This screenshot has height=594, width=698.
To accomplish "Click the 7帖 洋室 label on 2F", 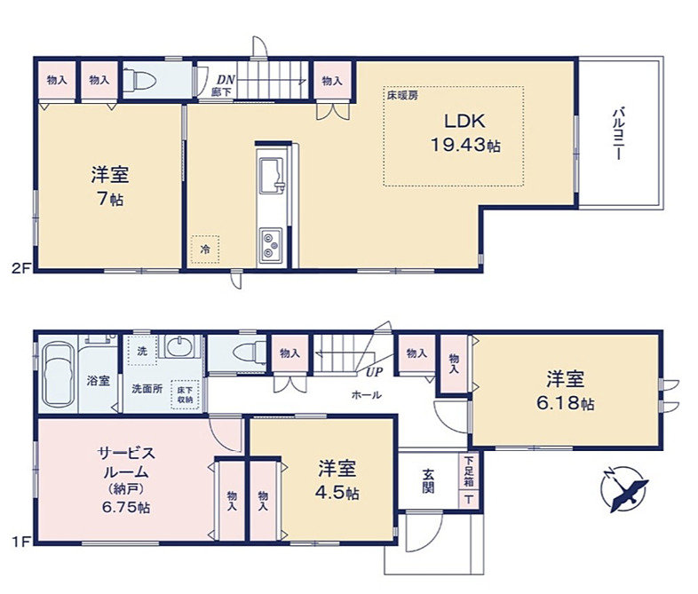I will point(110,184).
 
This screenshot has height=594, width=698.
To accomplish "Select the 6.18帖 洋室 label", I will point(566,392).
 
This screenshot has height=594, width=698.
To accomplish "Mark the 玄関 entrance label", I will point(428,479).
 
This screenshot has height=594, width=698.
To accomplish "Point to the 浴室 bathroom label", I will point(99,381).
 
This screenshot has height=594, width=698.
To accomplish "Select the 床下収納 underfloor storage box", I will point(184,395).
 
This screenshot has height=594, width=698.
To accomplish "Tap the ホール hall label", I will point(367,395).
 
